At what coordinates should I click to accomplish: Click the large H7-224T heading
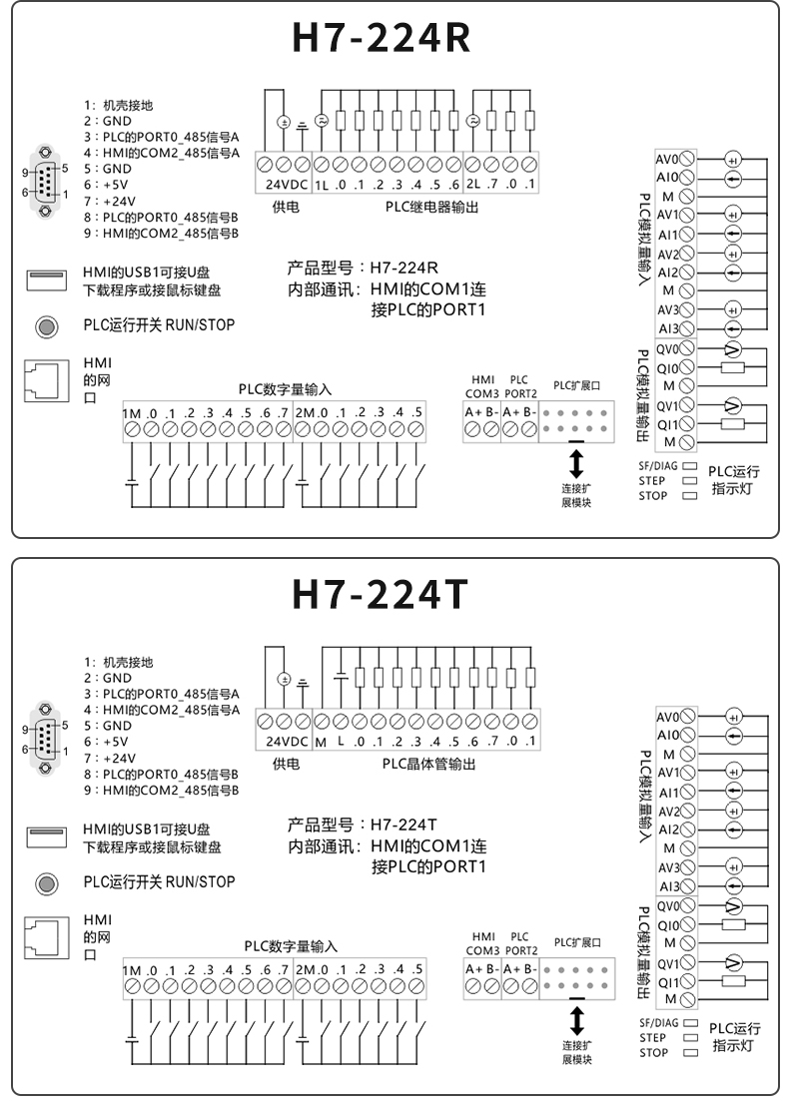[381, 595]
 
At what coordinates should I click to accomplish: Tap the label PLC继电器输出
[430, 207]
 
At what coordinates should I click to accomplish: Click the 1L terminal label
[322, 185]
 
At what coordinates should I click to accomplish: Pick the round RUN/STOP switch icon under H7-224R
[46, 325]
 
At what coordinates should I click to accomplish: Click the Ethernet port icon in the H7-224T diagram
[45, 938]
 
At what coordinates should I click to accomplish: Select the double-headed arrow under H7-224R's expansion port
[576, 463]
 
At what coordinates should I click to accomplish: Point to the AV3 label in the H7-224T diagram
[668, 866]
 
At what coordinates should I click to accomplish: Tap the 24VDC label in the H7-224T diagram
[287, 742]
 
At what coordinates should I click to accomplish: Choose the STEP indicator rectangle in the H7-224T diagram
[689, 1038]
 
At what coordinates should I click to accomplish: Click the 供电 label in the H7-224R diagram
[286, 207]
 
